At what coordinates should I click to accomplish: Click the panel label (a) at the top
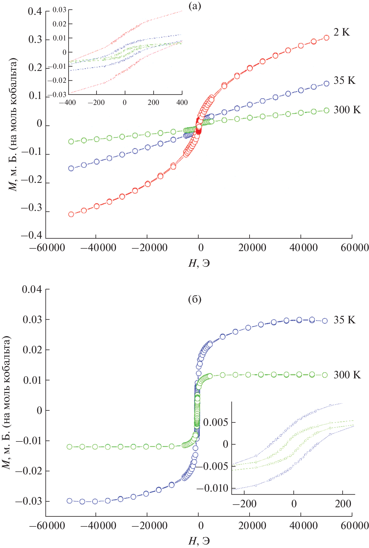(195, 6)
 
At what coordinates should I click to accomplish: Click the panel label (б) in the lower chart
(195, 299)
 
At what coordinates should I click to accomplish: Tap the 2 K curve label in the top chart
(341, 32)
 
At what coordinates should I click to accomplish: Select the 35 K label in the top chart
(344, 80)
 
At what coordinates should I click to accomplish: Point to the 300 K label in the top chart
(347, 110)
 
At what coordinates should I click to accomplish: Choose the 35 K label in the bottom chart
(344, 320)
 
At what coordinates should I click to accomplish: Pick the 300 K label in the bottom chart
(347, 375)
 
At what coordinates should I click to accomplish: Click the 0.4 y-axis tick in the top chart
(35, 12)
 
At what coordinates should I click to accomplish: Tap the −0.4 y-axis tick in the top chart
(31, 235)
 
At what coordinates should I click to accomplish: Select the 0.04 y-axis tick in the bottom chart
(32, 289)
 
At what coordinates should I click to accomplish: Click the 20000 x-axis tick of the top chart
(252, 247)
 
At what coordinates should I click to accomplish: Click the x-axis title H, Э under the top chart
(199, 263)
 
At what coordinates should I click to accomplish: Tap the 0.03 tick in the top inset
(59, 10)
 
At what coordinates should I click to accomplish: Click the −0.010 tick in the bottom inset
(212, 488)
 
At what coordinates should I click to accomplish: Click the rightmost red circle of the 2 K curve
(326, 38)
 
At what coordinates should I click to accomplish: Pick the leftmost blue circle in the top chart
(71, 169)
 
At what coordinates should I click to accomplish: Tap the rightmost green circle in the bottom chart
(325, 375)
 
